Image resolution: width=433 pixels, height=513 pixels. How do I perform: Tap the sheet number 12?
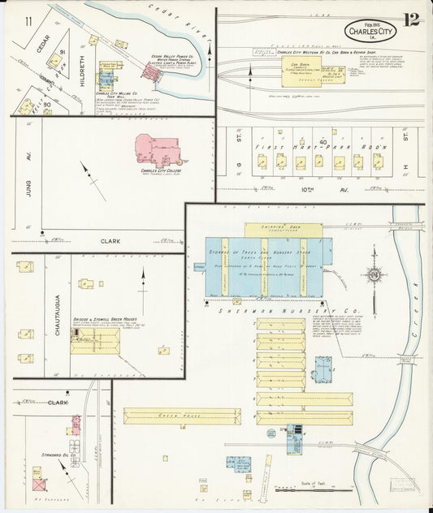tap(412, 19)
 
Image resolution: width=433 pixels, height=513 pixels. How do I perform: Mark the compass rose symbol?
tap(375, 275)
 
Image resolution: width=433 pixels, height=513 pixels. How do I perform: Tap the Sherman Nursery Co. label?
tap(280, 310)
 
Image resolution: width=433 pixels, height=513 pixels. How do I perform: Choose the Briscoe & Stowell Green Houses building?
tap(94, 340)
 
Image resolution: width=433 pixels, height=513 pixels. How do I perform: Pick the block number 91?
tap(61, 53)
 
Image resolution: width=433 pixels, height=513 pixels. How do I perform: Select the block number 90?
tap(48, 104)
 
